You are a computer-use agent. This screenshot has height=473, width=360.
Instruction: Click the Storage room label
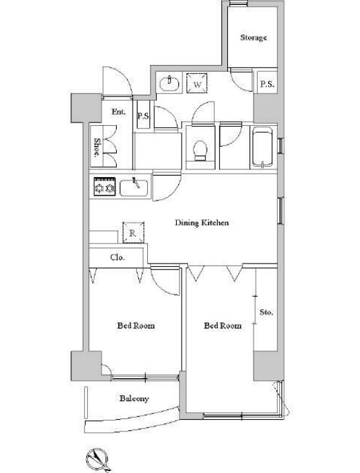click(x=254, y=38)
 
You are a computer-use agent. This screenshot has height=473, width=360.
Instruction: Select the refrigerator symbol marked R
click(x=133, y=232)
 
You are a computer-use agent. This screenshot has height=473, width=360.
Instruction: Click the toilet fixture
click(x=200, y=151)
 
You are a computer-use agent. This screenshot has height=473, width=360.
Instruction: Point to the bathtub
click(x=263, y=147)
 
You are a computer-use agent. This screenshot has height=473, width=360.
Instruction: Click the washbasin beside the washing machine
click(x=169, y=83)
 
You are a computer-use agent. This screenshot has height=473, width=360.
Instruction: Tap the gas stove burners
click(x=104, y=187)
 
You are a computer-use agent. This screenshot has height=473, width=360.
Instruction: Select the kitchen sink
click(x=134, y=188)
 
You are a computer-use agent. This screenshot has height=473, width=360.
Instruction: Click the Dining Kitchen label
click(x=202, y=223)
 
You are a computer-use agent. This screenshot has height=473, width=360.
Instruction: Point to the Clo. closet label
click(x=117, y=258)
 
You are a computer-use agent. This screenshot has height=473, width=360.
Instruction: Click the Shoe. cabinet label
click(x=97, y=147)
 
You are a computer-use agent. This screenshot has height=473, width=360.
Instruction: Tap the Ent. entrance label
click(x=118, y=112)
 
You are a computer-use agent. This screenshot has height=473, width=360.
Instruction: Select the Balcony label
click(x=134, y=399)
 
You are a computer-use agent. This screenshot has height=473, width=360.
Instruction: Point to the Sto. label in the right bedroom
click(x=266, y=312)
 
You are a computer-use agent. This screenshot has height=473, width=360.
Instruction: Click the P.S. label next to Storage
click(x=267, y=84)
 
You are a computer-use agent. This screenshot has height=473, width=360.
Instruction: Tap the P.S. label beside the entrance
click(x=144, y=116)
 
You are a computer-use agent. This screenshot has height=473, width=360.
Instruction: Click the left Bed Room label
click(x=136, y=326)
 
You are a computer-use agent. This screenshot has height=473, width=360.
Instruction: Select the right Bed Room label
click(x=222, y=326)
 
